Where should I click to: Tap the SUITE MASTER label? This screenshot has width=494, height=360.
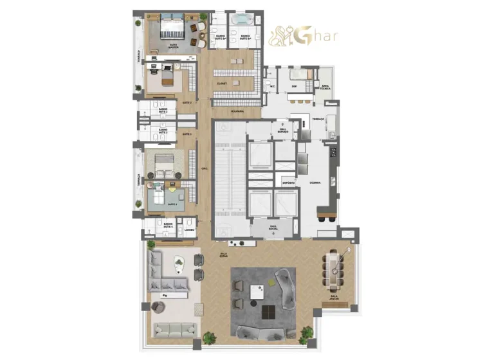tap(173, 46)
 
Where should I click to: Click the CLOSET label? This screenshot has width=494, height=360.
tap(222, 83)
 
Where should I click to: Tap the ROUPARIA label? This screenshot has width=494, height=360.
tap(221, 111)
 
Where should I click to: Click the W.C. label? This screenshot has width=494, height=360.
tap(273, 87)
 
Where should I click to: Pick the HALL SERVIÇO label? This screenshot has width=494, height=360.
tap(283, 130)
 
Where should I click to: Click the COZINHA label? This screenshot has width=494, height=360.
tap(315, 183)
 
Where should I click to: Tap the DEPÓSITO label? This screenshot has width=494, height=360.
tap(288, 183)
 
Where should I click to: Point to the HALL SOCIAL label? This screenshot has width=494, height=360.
tap(273, 227)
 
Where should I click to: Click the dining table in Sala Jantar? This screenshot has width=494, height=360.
tap(333, 271)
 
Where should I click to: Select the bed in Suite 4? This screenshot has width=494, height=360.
tap(158, 197)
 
